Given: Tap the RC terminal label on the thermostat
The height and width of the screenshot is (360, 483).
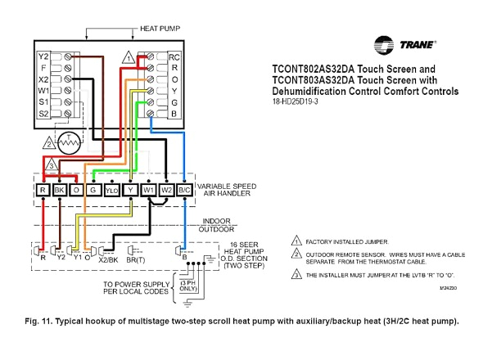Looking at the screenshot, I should tap(174, 57).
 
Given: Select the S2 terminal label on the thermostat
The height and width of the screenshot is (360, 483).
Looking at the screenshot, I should tap(43, 114).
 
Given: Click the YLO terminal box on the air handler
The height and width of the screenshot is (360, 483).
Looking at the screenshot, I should tap(111, 190).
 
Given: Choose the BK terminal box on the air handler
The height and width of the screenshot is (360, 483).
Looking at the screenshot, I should tap(60, 190).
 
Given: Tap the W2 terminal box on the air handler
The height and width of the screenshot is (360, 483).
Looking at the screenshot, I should tap(168, 190).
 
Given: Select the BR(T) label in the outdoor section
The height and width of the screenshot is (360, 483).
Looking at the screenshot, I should tap(136, 259).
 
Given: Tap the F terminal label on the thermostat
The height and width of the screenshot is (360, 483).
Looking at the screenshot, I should tap(43, 70).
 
